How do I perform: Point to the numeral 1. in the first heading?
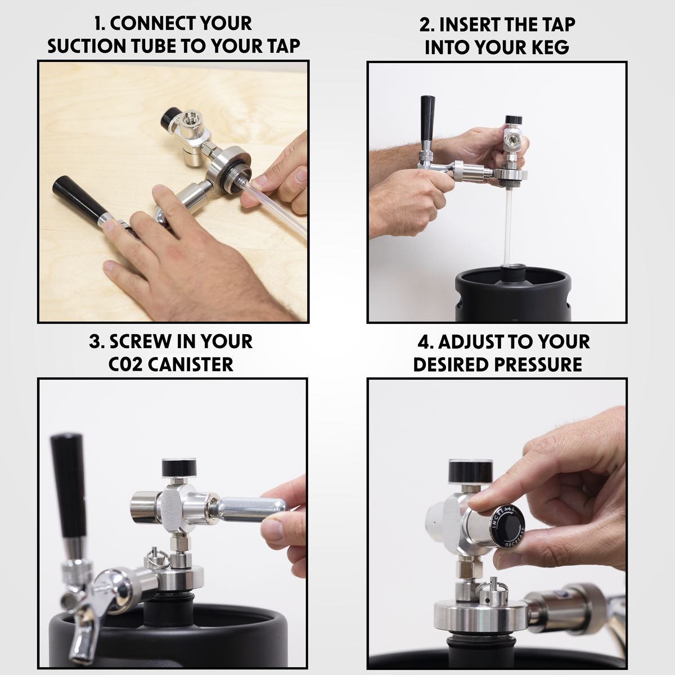tap(100, 24)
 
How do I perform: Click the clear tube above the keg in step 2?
tap(507, 225)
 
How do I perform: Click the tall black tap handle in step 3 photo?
tap(68, 484)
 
